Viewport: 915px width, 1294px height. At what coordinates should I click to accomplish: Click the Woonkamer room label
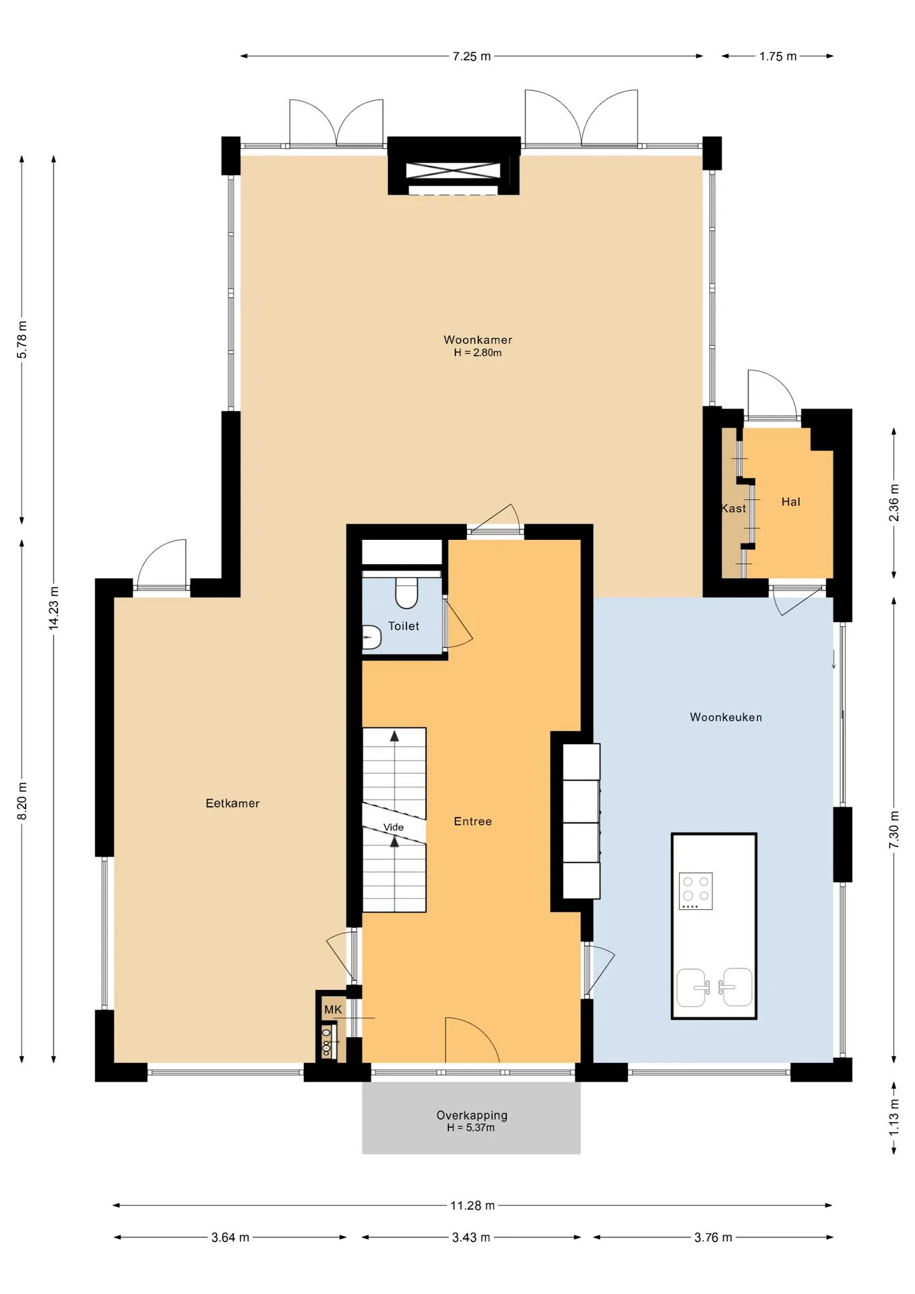(x=478, y=340)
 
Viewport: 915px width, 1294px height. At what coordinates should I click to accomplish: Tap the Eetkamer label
(x=232, y=803)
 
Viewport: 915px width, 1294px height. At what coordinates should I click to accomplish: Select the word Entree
(x=472, y=821)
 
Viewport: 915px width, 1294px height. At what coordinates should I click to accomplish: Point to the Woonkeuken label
(x=726, y=717)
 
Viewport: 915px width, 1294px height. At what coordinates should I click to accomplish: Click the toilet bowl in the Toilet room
(x=406, y=592)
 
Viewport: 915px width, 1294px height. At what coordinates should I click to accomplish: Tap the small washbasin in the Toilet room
(x=371, y=637)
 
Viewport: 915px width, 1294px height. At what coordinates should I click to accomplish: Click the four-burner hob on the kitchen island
(x=696, y=891)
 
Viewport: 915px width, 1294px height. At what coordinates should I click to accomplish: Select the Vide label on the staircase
(x=393, y=827)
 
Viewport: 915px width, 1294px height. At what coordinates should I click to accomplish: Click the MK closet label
(x=333, y=1010)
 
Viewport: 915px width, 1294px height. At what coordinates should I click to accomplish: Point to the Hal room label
(x=790, y=501)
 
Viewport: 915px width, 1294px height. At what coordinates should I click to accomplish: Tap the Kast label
(x=734, y=508)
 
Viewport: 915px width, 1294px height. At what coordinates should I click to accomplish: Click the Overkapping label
(x=472, y=1115)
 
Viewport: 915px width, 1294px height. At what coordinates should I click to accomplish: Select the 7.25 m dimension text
(x=472, y=56)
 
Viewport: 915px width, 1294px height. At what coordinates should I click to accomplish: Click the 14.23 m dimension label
(x=53, y=609)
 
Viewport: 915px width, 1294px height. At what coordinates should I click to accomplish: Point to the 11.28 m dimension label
(x=472, y=1205)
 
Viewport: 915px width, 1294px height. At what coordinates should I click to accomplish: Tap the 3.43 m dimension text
(x=471, y=1237)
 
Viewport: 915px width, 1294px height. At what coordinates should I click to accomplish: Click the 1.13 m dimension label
(x=893, y=1117)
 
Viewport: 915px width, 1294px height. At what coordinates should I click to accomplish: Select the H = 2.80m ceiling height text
(x=478, y=352)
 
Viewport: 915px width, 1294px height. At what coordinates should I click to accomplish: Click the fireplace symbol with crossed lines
(x=453, y=171)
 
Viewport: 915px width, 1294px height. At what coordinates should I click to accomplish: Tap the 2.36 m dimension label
(x=893, y=503)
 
